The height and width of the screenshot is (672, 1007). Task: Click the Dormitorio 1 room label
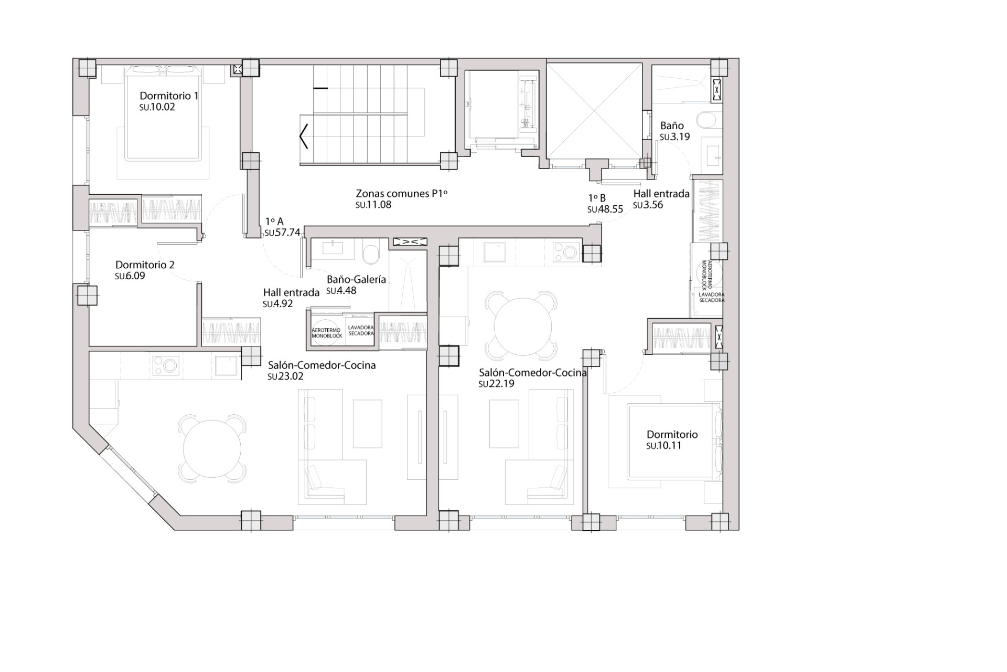(168, 96)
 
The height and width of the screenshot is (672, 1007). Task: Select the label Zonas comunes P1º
(401, 193)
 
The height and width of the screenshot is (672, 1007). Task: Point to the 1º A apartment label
(274, 222)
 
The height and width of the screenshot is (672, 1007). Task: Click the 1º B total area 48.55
(605, 209)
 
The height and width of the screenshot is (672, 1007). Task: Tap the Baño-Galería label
(356, 279)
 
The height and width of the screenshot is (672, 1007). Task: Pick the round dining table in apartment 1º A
(212, 448)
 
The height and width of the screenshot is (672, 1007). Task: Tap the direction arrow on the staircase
(304, 138)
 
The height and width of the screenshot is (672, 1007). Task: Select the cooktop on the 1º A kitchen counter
(166, 366)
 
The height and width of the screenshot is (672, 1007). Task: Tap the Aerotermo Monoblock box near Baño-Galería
(326, 333)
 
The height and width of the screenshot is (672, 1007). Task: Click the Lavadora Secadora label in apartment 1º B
(711, 298)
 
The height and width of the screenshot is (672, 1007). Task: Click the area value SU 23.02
(286, 376)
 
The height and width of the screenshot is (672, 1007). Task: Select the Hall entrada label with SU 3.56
(661, 193)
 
